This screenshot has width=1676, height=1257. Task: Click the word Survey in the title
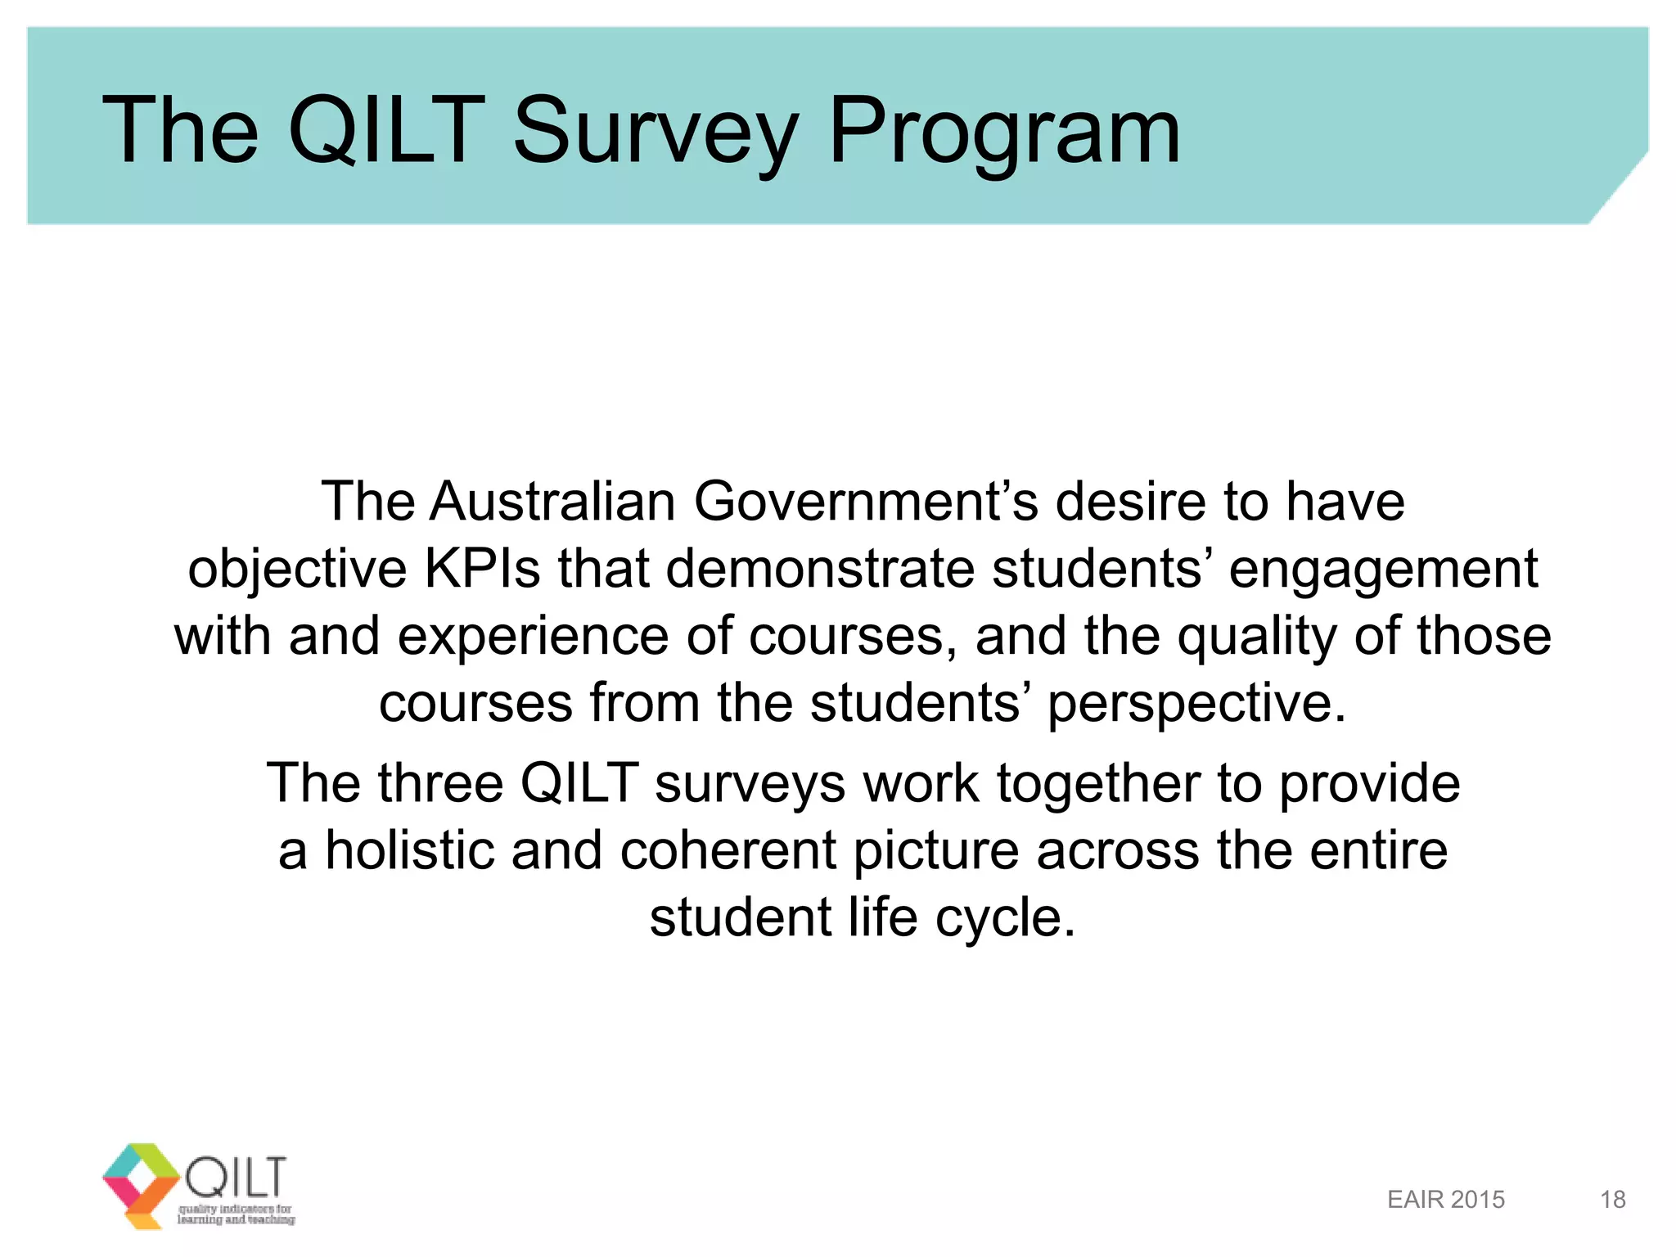pyautogui.click(x=656, y=131)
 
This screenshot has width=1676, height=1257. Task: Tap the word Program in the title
pyautogui.click(x=1004, y=131)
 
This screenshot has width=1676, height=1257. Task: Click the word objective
pyautogui.click(x=297, y=569)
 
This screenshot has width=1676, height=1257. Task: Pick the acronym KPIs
pyautogui.click(x=482, y=569)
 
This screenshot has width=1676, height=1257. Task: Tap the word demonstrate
pyautogui.click(x=820, y=569)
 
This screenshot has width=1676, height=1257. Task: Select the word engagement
pyautogui.click(x=1383, y=569)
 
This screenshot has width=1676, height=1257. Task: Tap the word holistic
pyautogui.click(x=410, y=850)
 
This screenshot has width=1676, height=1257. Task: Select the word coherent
pyautogui.click(x=728, y=850)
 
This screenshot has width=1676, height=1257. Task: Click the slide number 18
pyautogui.click(x=1612, y=1200)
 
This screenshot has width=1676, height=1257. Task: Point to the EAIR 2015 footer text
pyautogui.click(x=1446, y=1200)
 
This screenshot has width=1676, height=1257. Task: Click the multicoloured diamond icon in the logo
pyautogui.click(x=141, y=1183)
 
